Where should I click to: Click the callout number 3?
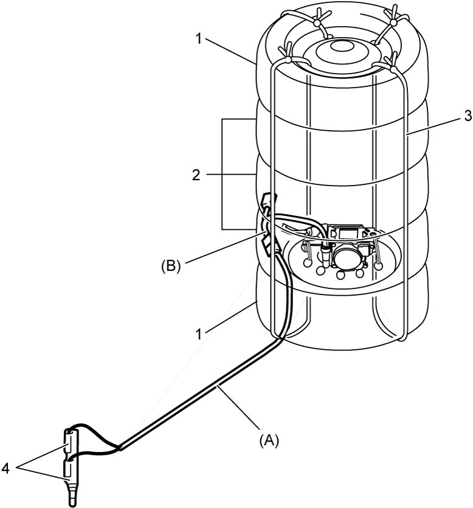click(x=468, y=116)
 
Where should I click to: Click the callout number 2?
click(x=196, y=175)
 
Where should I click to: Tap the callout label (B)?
click(x=171, y=266)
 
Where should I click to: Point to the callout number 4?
click(x=5, y=468)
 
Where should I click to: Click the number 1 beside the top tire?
click(x=198, y=39)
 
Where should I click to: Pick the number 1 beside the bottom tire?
click(x=199, y=334)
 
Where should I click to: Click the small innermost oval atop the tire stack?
click(x=342, y=46)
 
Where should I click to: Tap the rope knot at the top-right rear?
click(x=393, y=22)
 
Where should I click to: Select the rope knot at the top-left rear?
click(x=316, y=23)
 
